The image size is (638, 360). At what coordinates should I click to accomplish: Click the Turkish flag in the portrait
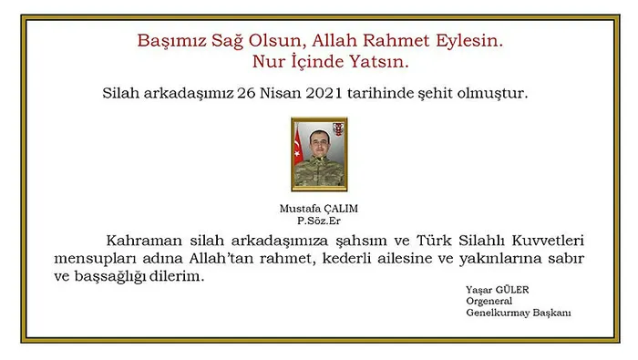[298, 149]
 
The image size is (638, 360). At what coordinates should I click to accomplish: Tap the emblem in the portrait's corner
[338, 129]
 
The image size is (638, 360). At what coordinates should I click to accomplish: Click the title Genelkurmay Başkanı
[518, 314]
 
